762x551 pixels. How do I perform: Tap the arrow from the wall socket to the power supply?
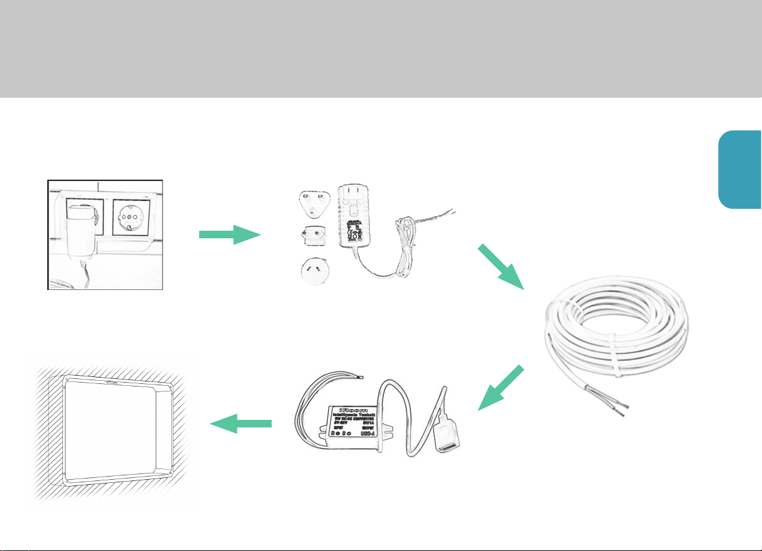229,235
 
